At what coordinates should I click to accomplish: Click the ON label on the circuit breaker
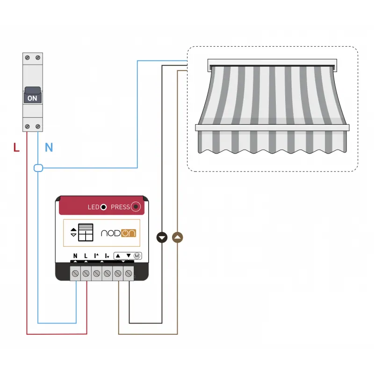point(32,98)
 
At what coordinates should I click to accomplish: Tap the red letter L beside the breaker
point(16,147)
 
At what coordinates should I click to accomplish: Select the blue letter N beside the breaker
point(49,147)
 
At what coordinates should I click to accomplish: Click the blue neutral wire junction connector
point(38,168)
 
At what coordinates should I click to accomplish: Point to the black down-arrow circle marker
point(162,237)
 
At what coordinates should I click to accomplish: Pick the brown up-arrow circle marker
point(178,237)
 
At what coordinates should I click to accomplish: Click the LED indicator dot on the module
point(103,207)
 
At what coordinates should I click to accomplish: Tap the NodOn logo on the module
point(119,233)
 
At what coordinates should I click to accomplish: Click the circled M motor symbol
point(137,256)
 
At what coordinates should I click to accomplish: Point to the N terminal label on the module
point(75,256)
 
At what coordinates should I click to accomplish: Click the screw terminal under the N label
point(75,273)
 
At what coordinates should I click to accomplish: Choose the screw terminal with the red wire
point(86,273)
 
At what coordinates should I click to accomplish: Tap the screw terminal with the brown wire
point(118,273)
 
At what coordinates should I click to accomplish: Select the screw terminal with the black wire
point(129,273)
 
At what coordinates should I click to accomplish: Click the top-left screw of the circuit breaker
point(28,58)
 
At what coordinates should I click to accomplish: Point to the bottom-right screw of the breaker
point(38,126)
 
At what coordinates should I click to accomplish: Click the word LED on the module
point(93,207)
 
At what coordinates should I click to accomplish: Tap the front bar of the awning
point(272,128)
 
